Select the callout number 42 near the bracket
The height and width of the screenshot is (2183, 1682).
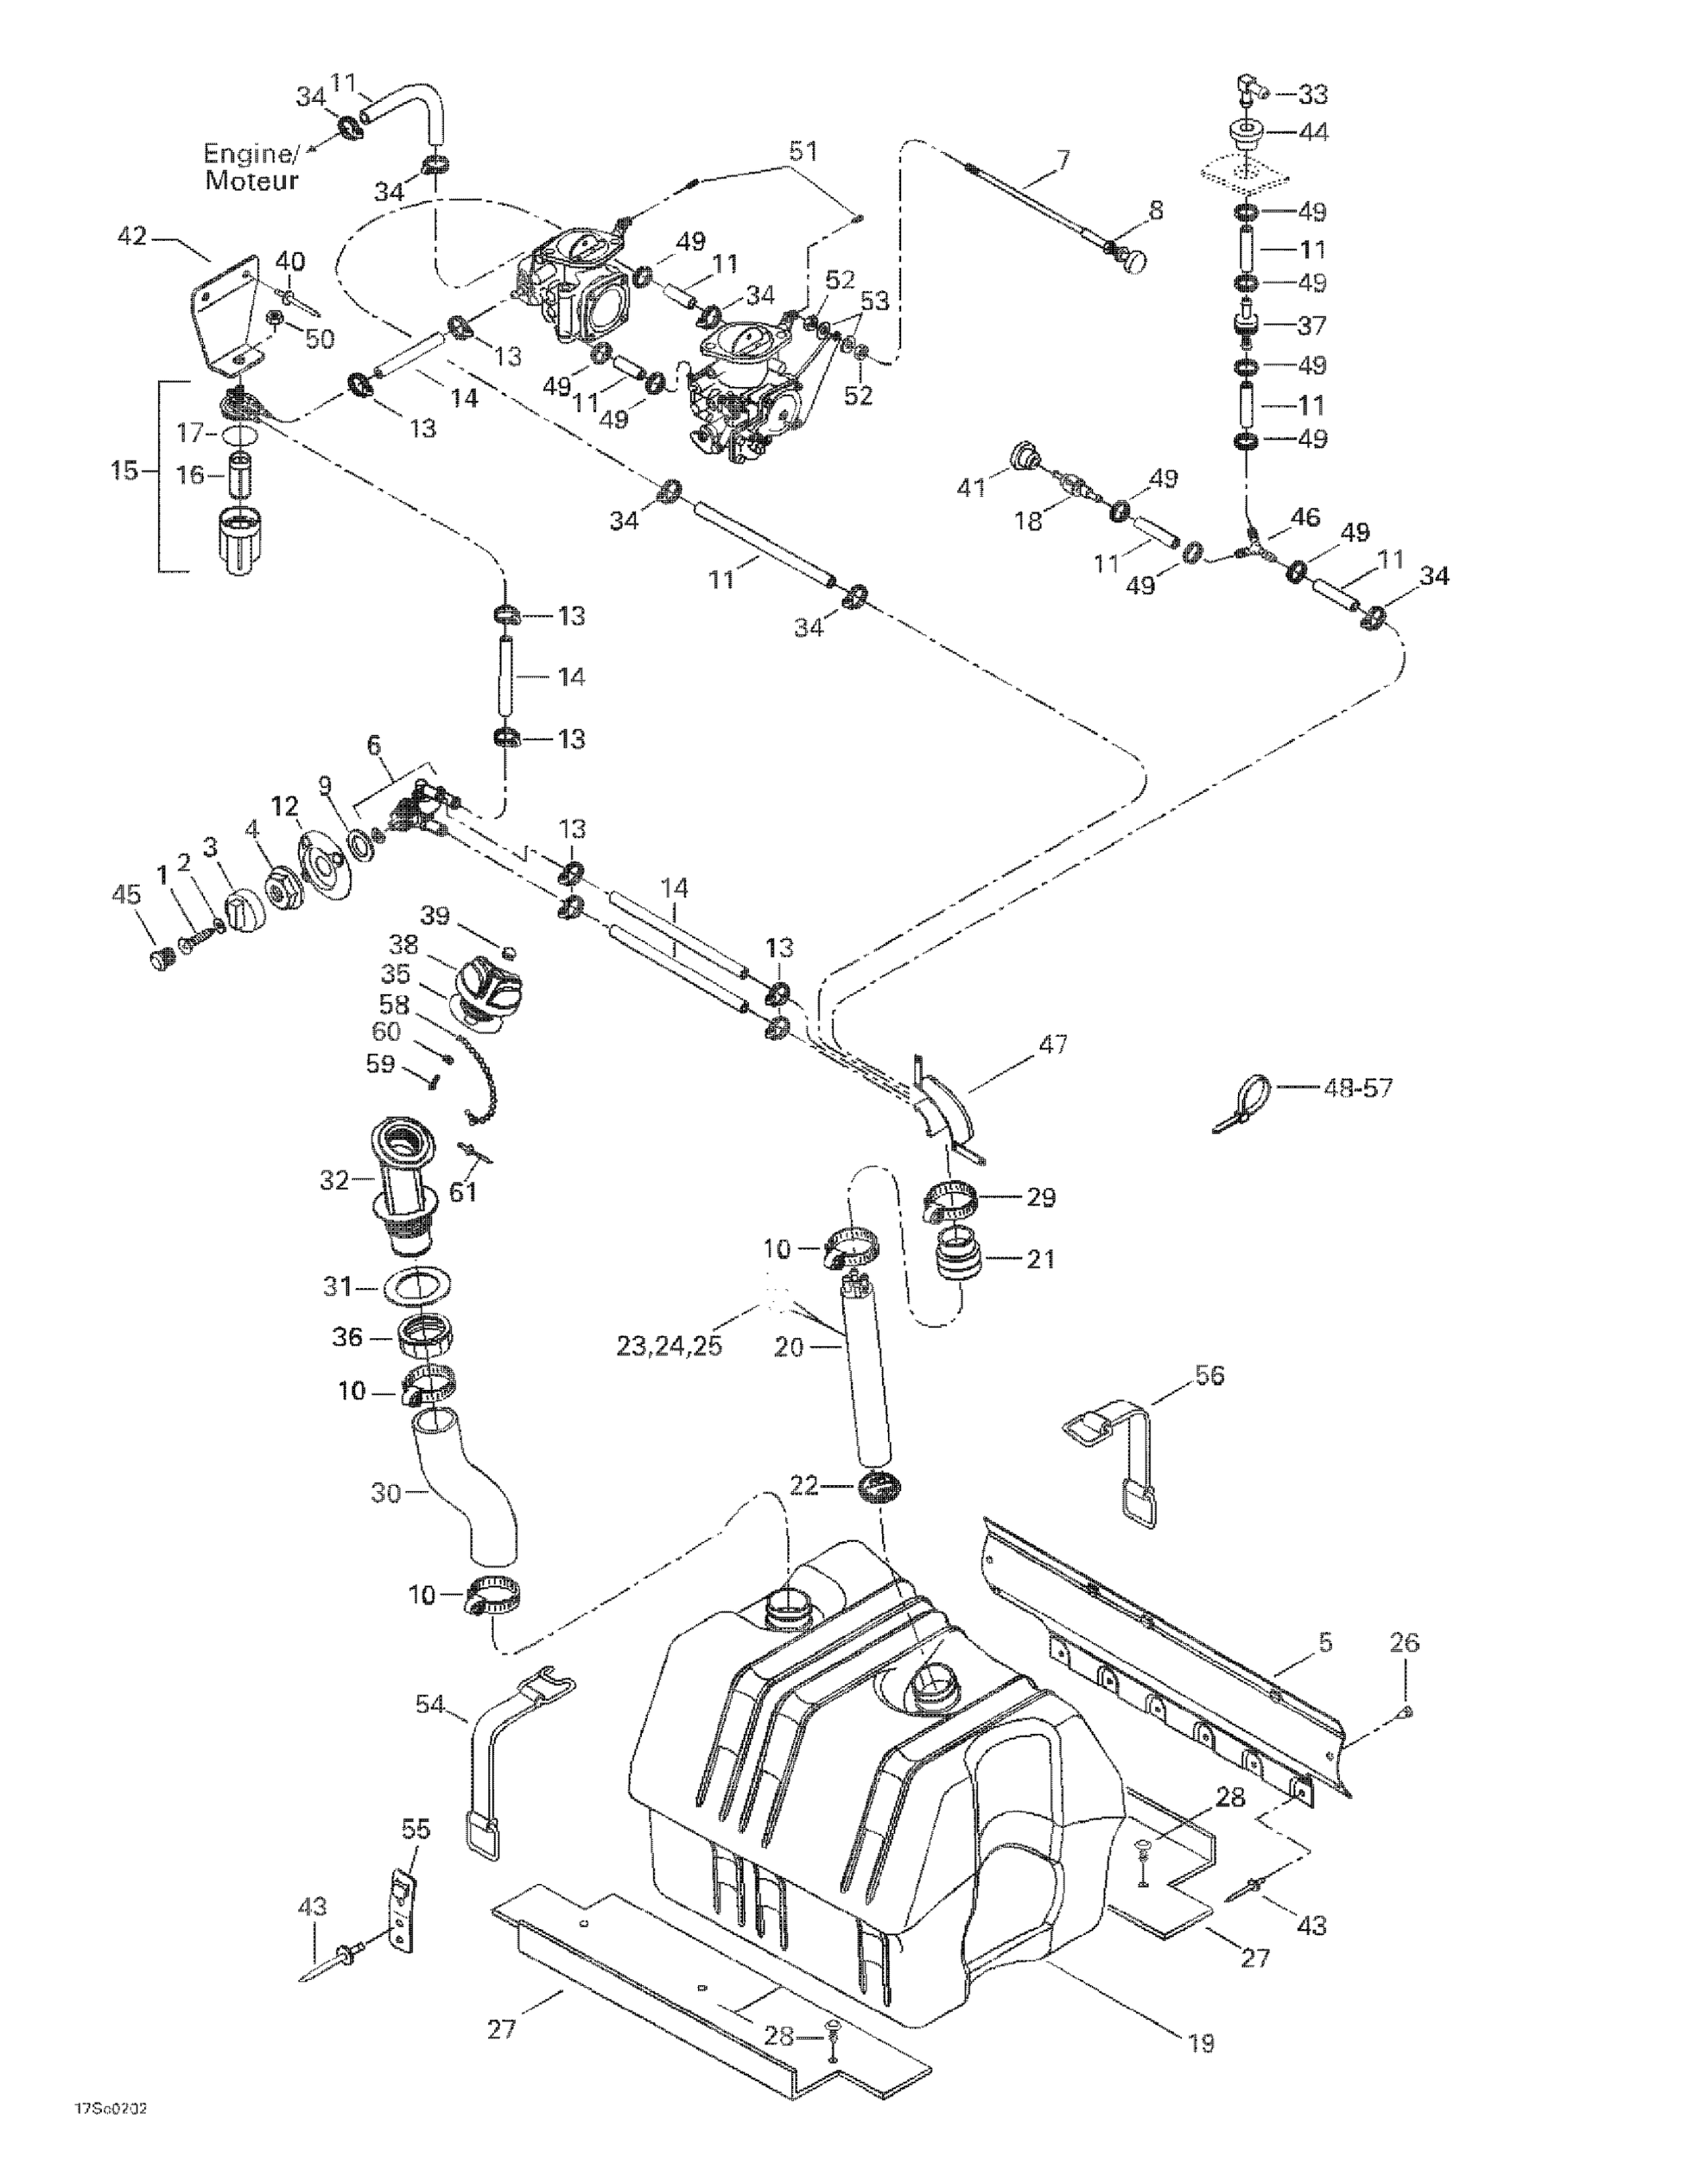[132, 236]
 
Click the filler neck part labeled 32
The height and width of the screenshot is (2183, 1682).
[404, 1185]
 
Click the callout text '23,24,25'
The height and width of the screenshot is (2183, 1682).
[668, 1345]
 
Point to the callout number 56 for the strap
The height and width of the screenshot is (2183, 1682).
[1209, 1375]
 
